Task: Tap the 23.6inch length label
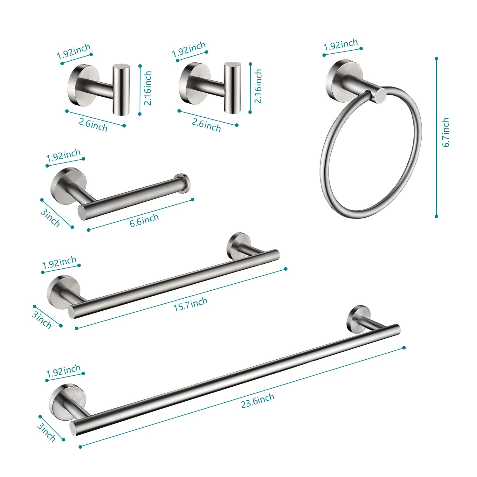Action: point(258,400)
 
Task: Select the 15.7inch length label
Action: point(190,304)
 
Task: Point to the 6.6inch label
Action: point(144,220)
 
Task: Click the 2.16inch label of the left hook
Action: point(148,88)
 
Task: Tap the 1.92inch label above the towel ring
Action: point(341,45)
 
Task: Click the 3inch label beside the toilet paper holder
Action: point(50,218)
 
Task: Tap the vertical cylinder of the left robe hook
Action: point(121,89)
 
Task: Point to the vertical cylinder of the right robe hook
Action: point(232,88)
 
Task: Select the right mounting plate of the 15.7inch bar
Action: point(238,244)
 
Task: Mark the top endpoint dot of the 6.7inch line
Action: point(437,59)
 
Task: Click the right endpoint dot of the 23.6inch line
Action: point(404,348)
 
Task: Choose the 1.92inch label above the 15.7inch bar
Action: point(59,263)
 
